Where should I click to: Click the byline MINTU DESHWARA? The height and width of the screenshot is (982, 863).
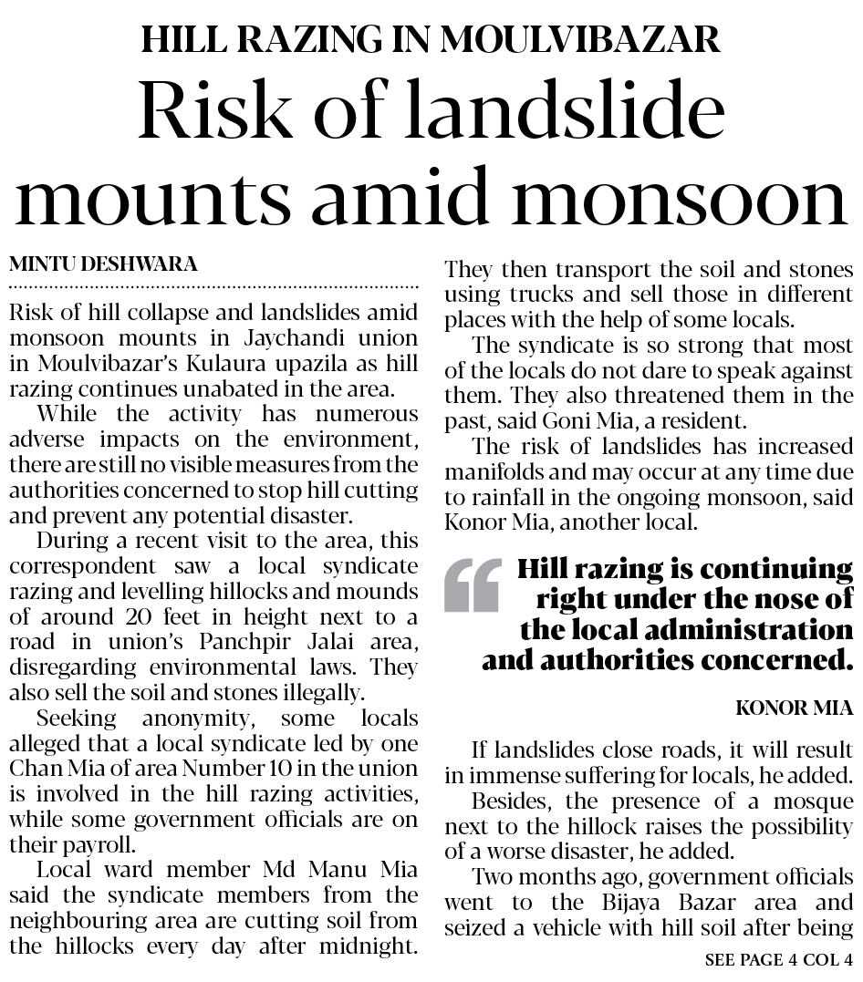pos(103,264)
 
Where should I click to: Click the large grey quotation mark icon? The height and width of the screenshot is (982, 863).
pos(473,585)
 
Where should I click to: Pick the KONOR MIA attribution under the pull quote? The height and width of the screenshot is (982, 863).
pos(794,708)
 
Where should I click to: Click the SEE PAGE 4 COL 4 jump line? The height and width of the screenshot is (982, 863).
pos(778,959)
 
